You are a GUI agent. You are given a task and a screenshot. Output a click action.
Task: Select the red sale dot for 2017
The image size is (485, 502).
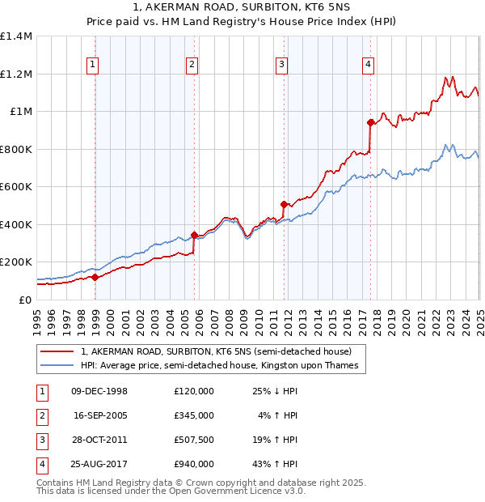(371, 123)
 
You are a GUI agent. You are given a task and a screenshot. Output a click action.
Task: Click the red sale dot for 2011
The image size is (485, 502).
(285, 205)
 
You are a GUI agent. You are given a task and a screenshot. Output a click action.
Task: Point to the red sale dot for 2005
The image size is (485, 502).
(194, 236)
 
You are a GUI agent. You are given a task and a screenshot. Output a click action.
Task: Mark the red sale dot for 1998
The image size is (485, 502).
(95, 278)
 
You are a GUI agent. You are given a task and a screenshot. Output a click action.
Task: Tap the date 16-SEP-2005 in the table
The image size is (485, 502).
(99, 415)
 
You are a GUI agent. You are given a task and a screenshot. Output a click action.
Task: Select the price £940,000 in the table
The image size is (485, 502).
(194, 464)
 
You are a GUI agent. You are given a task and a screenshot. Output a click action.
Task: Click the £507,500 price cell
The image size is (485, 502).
(194, 440)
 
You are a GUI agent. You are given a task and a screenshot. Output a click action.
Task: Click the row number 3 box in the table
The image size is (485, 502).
(40, 440)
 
